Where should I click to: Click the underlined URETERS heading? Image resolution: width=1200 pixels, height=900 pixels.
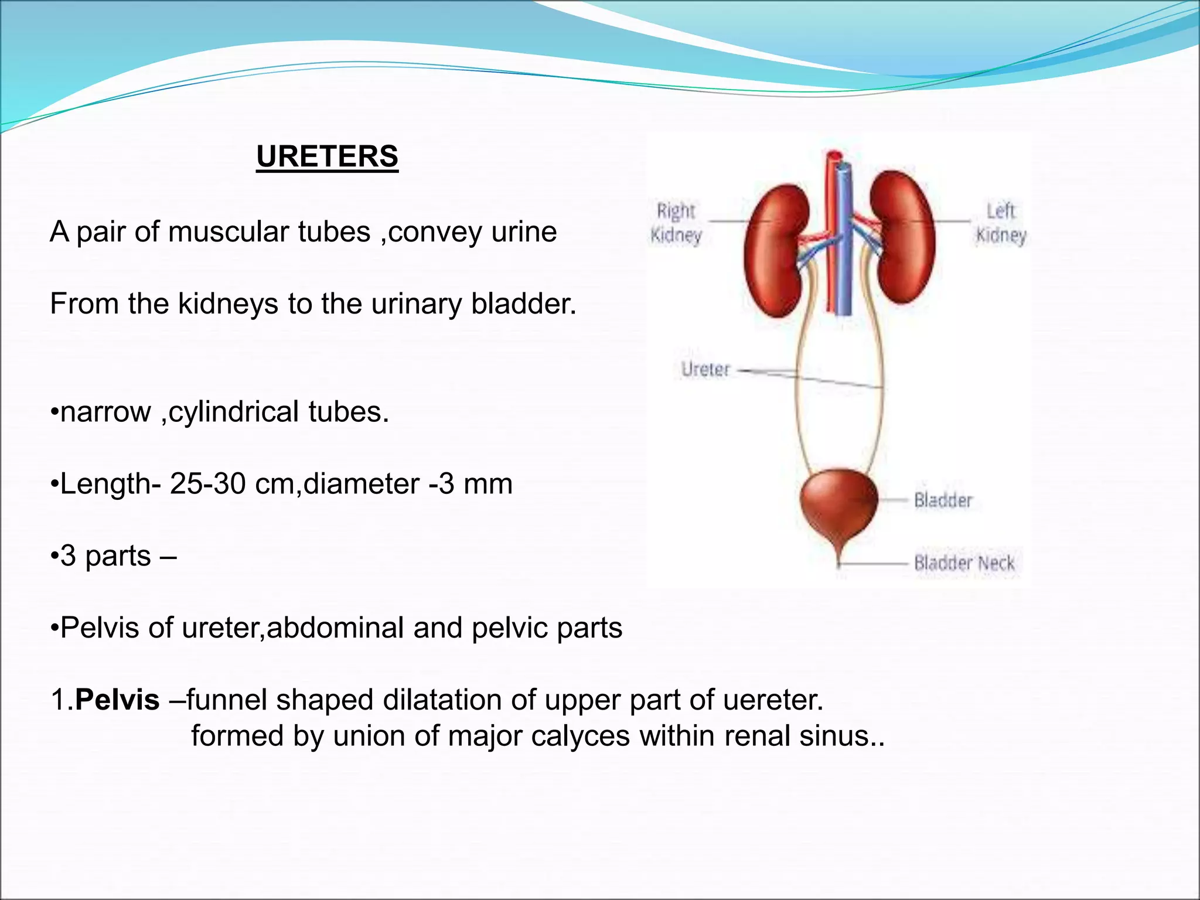(327, 156)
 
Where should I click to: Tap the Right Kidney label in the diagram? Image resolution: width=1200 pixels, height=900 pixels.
(676, 223)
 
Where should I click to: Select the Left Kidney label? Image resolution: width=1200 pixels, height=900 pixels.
(1000, 223)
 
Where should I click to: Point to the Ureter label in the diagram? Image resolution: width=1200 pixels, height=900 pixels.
(705, 370)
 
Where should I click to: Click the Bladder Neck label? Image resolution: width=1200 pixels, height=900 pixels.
(964, 563)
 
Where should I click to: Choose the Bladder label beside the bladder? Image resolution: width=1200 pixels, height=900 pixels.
(943, 500)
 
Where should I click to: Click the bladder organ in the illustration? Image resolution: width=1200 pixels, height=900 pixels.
(838, 504)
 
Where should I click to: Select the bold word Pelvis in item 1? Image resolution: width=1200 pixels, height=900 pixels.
(117, 700)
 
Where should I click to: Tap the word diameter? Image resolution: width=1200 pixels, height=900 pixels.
(362, 485)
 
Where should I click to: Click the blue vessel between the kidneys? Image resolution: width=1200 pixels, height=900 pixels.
(844, 246)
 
